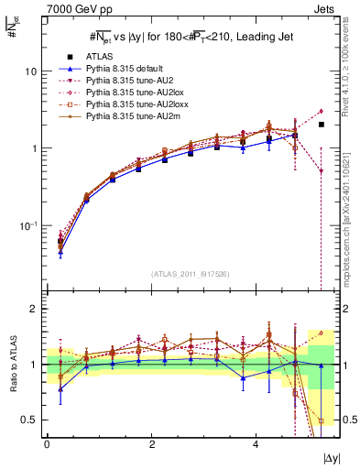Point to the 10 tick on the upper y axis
tap(32, 71)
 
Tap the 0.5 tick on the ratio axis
tap(30, 420)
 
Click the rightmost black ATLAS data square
tap(321, 124)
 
